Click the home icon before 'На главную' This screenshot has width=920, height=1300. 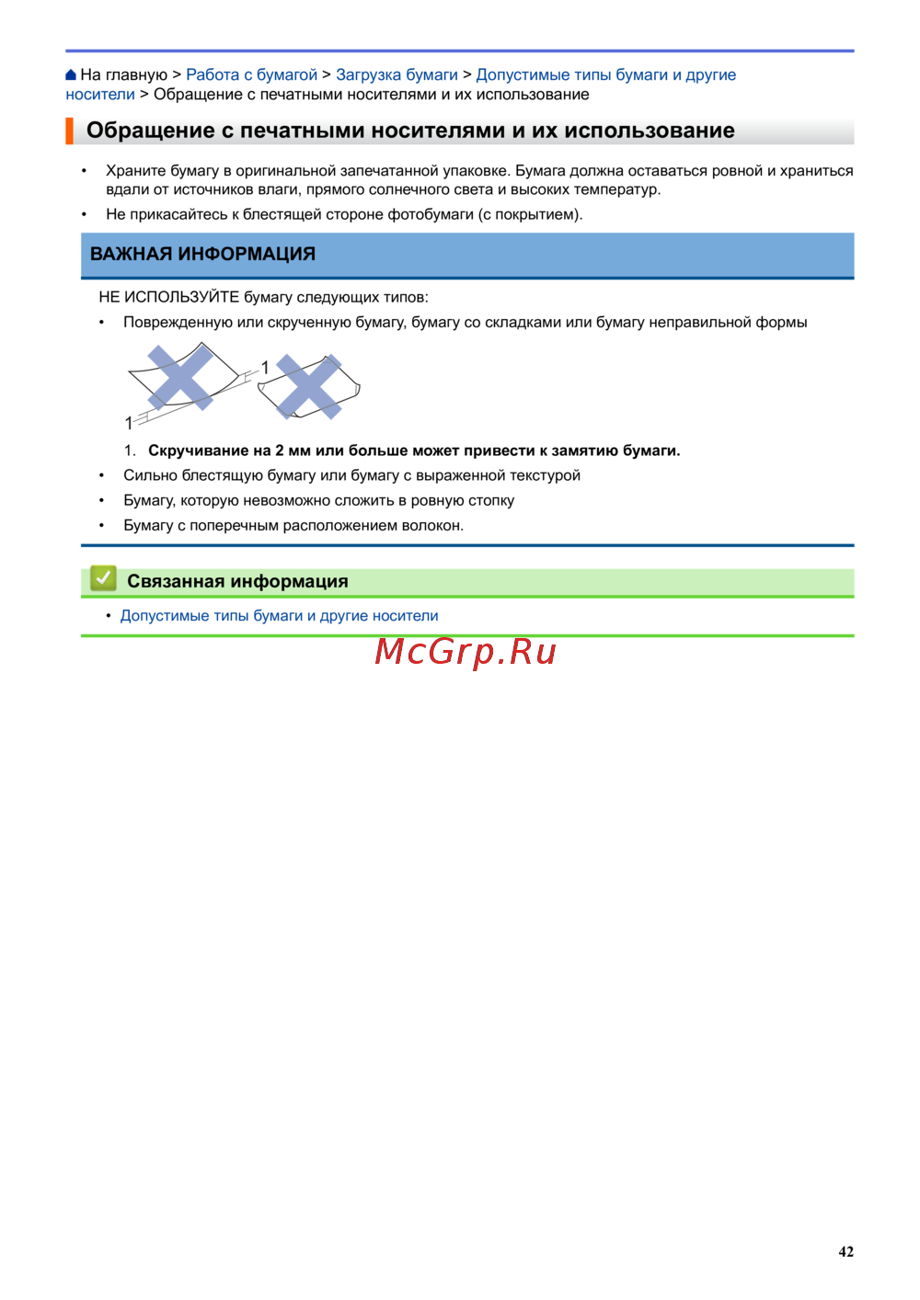pos(71,75)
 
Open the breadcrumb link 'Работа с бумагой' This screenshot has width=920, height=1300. pos(251,75)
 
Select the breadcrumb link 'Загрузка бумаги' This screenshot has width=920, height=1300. pos(397,75)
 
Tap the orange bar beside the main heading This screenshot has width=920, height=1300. pos(69,131)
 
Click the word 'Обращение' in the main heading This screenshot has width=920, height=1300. pos(151,131)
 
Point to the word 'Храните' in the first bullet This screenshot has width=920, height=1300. pos(135,171)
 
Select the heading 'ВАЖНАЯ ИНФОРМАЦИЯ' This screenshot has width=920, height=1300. pos(202,255)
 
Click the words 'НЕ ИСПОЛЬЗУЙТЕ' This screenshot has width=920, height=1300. pos(168,297)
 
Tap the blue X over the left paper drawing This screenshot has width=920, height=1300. pos(181,377)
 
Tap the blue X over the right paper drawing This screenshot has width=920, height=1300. pos(309,386)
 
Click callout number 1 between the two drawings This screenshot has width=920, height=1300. pos(265,368)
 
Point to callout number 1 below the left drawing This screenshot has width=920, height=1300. pos(129,423)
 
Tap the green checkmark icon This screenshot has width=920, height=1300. pos(103,578)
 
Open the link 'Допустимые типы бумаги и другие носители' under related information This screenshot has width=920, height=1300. pos(279,616)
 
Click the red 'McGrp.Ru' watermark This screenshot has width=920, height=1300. pos(466,652)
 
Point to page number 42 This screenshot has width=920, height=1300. pos(845,1251)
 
